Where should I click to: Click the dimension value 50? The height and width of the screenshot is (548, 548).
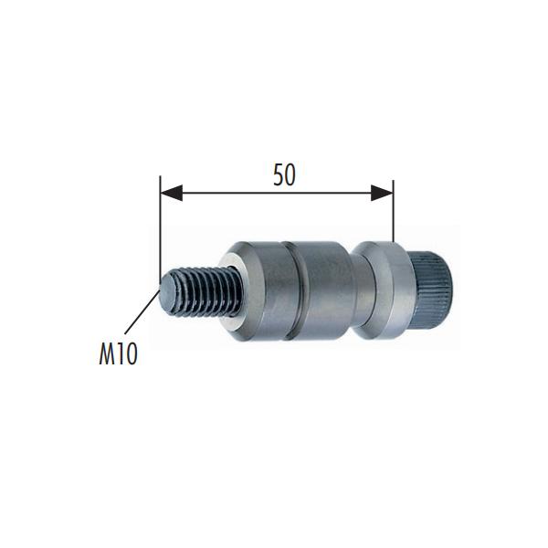tap(284, 174)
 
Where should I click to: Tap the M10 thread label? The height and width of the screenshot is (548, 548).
tap(118, 354)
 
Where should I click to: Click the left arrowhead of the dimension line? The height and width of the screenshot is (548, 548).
tap(172, 193)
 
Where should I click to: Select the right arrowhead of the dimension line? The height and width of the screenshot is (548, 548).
tap(382, 193)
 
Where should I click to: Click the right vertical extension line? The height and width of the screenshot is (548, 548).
tap(393, 211)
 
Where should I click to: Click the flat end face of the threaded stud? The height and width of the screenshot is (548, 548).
tap(168, 292)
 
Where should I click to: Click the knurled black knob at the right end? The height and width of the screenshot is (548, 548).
tap(431, 290)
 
